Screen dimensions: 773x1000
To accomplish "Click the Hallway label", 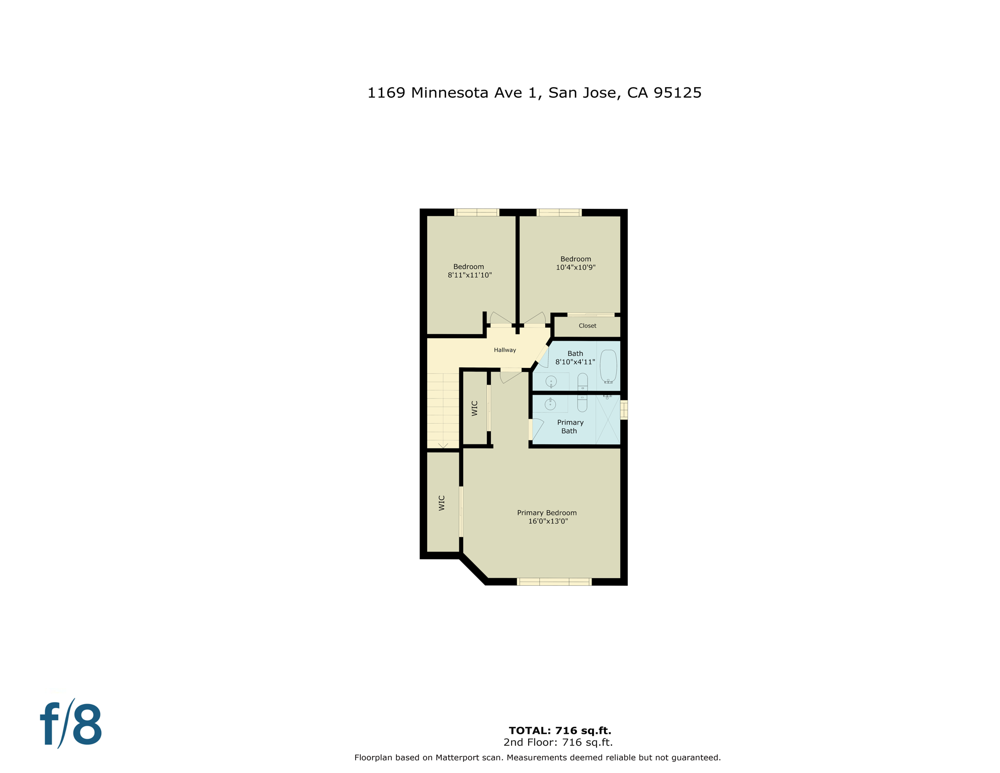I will pos(505,350).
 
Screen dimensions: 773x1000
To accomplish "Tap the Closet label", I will pos(587,326).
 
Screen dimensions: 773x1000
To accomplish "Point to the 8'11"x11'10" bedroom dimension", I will pos(469,275).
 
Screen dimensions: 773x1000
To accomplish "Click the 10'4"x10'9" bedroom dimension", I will pos(575,267).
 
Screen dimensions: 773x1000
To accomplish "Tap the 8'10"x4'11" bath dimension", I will pos(575,362).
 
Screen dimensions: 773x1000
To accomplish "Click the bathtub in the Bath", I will pos(608,366).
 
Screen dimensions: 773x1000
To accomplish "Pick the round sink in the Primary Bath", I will pos(550,404).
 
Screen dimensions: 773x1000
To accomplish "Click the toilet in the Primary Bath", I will pos(582,403).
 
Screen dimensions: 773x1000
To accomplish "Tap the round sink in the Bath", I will pos(551,381).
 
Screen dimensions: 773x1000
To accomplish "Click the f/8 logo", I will pos(71,724).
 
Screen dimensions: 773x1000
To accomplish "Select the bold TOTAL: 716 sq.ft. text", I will pos(560,730).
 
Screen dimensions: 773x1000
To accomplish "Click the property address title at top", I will pos(534,93).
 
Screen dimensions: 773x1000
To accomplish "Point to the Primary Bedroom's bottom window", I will pos(554,582).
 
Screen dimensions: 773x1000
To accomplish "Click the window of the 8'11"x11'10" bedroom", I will pos(476,212).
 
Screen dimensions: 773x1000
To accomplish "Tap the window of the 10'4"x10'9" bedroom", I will pos(559,212).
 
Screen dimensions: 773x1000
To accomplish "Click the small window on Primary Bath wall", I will pos(624,410).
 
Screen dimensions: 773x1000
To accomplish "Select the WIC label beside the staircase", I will pos(474,408).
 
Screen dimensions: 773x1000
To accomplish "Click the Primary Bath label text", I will pos(570,427).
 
